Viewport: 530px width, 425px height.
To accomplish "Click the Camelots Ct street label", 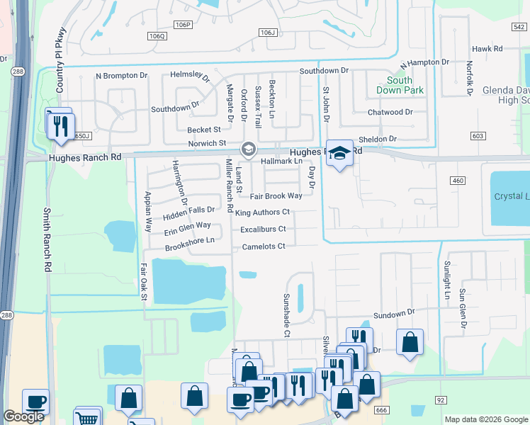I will (x=262, y=246).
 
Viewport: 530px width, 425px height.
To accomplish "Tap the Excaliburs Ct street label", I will (x=262, y=229).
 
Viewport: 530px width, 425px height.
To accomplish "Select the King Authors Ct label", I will (x=263, y=212).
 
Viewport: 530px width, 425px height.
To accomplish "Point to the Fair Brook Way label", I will (x=276, y=195).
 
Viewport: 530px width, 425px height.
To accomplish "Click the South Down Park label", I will (x=400, y=86).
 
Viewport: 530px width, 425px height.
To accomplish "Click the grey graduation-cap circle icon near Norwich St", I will (x=248, y=149).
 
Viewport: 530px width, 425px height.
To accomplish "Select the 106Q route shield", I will (x=157, y=35).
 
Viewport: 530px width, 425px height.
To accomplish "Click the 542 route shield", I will (x=518, y=26).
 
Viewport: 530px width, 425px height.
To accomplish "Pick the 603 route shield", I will (x=478, y=135).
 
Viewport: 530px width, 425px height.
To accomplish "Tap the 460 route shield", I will (x=457, y=181).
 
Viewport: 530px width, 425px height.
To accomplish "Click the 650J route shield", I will (x=82, y=135).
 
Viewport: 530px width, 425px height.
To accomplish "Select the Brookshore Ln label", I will (x=189, y=241).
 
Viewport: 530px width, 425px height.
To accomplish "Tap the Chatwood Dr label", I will (x=390, y=113).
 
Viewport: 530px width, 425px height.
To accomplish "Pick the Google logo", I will (x=23, y=416).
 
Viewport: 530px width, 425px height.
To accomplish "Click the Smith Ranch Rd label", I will (x=47, y=240).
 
